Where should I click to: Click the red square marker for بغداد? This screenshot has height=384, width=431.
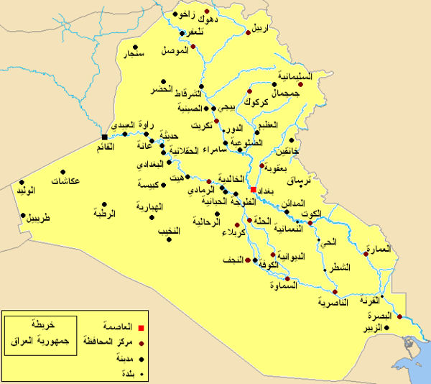[x=253, y=190]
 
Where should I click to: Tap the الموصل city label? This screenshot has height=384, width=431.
[x=175, y=52]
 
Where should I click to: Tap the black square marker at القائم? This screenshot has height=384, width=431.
[x=105, y=137]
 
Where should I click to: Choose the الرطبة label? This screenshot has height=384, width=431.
[x=105, y=214]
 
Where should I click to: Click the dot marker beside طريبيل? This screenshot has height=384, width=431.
[x=23, y=215]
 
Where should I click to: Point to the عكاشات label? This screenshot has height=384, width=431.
[x=65, y=180]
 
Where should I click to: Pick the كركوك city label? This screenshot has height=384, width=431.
[x=256, y=102]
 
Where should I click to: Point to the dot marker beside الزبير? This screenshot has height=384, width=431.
[x=387, y=328]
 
